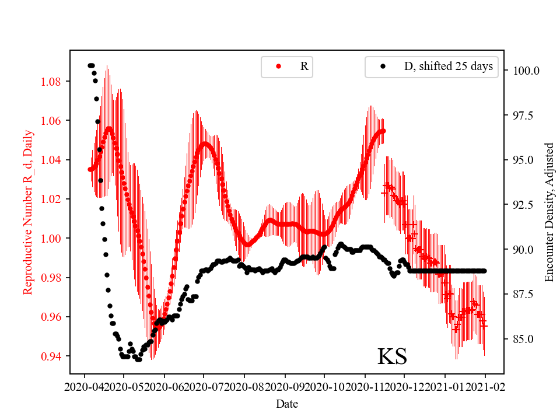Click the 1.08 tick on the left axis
[x=52, y=81]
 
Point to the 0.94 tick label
[x=52, y=356]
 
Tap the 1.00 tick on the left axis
[x=52, y=238]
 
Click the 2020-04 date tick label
[x=85, y=386]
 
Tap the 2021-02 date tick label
[x=485, y=386]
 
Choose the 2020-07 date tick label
[x=204, y=386]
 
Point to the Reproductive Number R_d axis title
[x=27, y=212]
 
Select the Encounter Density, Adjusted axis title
[x=549, y=212]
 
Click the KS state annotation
[x=392, y=356]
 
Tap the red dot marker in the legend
[x=278, y=66]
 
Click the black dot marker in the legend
[x=383, y=66]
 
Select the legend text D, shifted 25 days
[x=448, y=66]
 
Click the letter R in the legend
[x=304, y=66]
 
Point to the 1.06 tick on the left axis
[x=52, y=121]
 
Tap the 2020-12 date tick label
[x=405, y=386]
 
